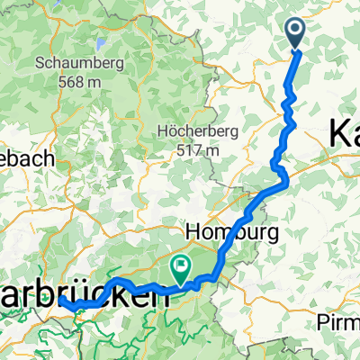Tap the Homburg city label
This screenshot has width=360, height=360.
click(x=233, y=232)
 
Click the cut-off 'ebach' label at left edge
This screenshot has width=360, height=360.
click(x=27, y=158)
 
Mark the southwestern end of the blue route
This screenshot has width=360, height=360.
click(x=66, y=305)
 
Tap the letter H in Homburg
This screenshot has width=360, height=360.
click(x=193, y=232)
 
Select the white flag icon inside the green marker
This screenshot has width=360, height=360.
click(x=181, y=265)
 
